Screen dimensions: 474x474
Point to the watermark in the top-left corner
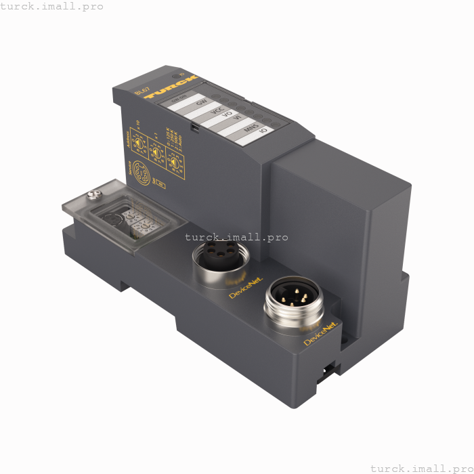[x=52, y=6]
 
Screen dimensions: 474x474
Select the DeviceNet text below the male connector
[x=321, y=335]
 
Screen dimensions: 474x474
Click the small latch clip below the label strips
[x=194, y=126]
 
